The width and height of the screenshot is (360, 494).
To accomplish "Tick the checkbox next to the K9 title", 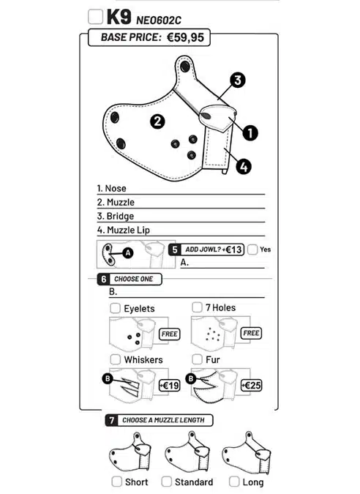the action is click(x=95, y=17).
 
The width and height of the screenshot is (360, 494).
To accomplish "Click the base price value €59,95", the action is click(x=186, y=37).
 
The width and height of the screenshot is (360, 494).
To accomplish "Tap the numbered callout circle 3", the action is click(x=238, y=80).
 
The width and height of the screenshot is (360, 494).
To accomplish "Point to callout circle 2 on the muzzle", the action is click(x=157, y=121).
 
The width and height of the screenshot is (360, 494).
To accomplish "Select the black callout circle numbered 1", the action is click(x=250, y=133).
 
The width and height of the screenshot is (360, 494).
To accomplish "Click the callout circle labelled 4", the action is click(x=244, y=166).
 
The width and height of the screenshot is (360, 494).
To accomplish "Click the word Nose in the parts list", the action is click(x=116, y=188).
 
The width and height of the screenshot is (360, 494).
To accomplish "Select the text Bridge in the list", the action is click(x=120, y=216).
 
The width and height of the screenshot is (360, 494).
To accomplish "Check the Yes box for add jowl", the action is click(x=252, y=250).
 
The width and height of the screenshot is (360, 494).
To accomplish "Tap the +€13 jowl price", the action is click(x=232, y=250).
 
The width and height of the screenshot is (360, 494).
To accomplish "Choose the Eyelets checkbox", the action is click(x=116, y=308).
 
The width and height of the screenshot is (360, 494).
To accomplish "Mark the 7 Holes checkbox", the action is click(x=197, y=307).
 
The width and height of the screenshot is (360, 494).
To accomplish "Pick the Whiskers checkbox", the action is click(x=116, y=359).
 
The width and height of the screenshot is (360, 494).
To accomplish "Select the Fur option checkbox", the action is click(x=197, y=359).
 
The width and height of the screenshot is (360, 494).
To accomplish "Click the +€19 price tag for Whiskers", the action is click(x=170, y=385).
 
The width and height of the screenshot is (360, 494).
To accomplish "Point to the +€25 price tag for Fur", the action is click(x=251, y=385).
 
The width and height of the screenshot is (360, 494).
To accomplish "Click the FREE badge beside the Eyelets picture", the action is click(x=170, y=334).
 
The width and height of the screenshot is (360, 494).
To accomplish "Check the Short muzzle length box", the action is click(x=117, y=482).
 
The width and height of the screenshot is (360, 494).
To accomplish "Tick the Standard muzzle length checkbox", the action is click(x=166, y=482).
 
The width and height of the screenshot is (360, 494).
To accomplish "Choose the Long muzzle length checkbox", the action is click(x=234, y=482).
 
